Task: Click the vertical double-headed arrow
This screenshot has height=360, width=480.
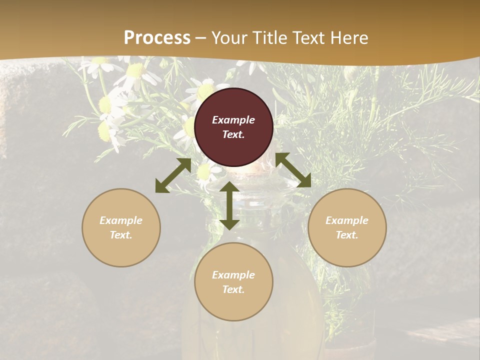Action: pyautogui.click(x=229, y=205)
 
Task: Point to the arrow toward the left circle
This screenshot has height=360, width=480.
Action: pyautogui.click(x=173, y=175)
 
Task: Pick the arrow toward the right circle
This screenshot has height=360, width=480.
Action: pyautogui.click(x=293, y=170)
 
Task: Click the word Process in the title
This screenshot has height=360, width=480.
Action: pyautogui.click(x=157, y=37)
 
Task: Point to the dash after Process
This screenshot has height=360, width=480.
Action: pyautogui.click(x=201, y=38)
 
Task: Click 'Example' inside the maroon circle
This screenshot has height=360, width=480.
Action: pyautogui.click(x=233, y=120)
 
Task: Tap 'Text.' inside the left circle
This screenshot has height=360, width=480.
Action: pyautogui.click(x=121, y=235)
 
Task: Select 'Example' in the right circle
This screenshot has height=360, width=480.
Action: pyautogui.click(x=347, y=220)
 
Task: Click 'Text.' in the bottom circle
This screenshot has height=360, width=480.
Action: pyautogui.click(x=233, y=289)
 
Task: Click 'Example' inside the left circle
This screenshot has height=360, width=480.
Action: pyautogui.click(x=121, y=220)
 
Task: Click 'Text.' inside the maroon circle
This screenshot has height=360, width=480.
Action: pyautogui.click(x=233, y=134)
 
